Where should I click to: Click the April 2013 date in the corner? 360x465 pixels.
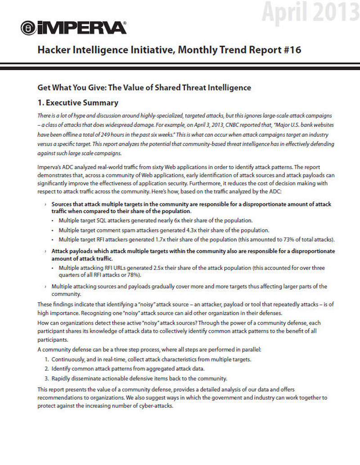pyautogui.click(x=311, y=12)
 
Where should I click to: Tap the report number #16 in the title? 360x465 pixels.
pyautogui.click(x=291, y=50)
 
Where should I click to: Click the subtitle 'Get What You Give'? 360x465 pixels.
pyautogui.click(x=75, y=87)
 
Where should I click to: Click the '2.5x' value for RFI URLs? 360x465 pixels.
pyautogui.click(x=136, y=268)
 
